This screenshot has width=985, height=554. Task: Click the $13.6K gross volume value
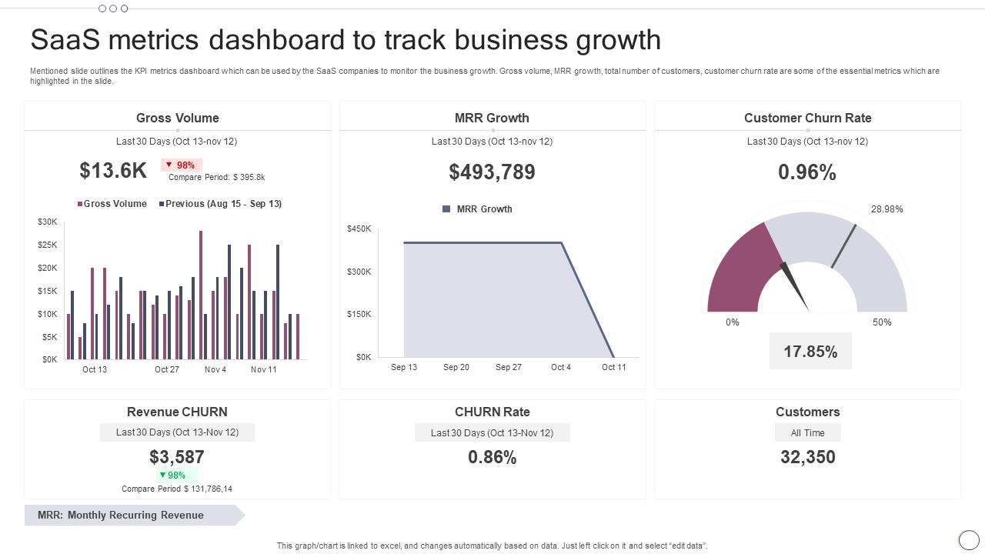point(113,171)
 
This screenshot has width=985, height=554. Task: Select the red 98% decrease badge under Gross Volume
point(181,165)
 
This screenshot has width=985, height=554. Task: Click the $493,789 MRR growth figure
point(492,172)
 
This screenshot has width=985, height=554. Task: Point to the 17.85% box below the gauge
point(810,352)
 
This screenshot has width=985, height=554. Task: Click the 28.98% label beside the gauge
point(886,209)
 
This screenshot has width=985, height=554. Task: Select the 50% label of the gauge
point(882,322)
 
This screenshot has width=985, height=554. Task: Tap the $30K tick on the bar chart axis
point(47,222)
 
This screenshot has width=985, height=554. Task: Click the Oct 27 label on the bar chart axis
point(166,369)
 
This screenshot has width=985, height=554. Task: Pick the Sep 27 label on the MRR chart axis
point(508,367)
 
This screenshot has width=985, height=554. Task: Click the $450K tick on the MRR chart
point(359,229)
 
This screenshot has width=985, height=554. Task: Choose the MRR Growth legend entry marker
point(446,209)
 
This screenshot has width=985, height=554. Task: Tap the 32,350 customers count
point(807,457)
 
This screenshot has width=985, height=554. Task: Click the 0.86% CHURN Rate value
point(492,457)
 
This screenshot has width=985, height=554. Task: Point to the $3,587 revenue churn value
point(176,457)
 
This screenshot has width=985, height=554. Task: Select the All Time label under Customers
point(807,433)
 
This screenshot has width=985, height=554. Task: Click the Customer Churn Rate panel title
point(807,118)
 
